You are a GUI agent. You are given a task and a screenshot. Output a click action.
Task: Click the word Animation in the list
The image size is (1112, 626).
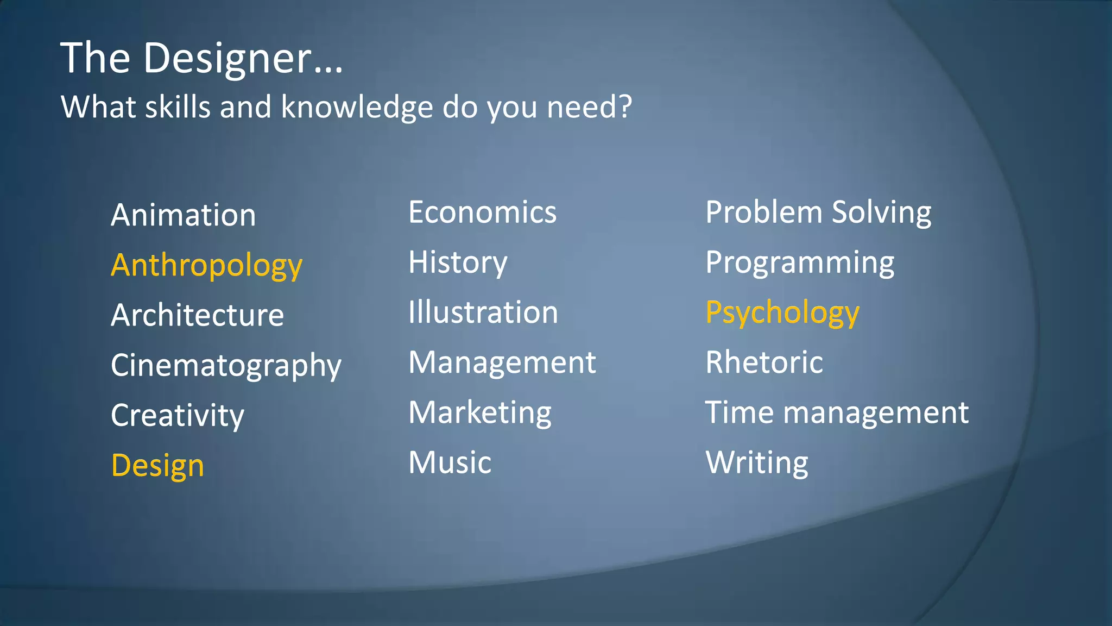point(183,215)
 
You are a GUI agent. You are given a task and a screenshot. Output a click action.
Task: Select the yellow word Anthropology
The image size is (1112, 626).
point(206,266)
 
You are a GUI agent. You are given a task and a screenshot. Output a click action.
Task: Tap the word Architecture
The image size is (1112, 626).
point(197,315)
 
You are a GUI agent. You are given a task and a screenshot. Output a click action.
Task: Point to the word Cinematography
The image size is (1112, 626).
point(226,366)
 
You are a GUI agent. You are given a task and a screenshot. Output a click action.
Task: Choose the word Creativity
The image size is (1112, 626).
point(178,416)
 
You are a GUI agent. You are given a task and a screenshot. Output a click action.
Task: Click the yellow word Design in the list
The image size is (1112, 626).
point(157,466)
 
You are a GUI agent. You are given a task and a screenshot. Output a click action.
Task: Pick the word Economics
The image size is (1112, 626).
point(482,212)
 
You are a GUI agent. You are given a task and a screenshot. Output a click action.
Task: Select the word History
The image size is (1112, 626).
point(458,263)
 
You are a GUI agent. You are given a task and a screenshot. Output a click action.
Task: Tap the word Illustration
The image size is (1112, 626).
point(483,312)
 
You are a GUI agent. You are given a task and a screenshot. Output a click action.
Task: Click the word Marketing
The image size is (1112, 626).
point(480,413)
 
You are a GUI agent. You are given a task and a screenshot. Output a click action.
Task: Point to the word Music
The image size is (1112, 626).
point(450,462)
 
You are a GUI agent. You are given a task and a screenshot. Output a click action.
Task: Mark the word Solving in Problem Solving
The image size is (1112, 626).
point(881,213)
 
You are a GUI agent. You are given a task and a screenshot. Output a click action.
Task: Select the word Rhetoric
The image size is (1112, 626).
point(764,362)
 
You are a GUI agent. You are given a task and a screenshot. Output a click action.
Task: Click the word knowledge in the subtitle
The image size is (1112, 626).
point(357,107)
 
